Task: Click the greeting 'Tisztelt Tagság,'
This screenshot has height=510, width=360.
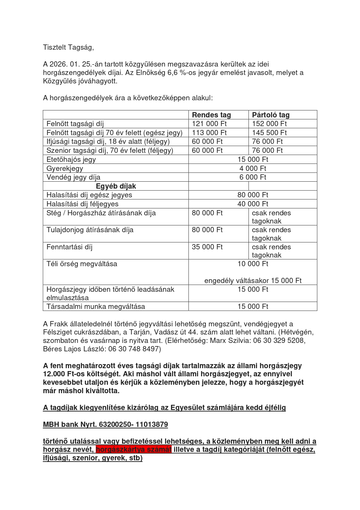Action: pos(68,47)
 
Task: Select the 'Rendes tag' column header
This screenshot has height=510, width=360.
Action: pos(211,115)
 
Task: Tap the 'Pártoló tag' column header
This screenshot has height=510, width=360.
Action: pos(271,115)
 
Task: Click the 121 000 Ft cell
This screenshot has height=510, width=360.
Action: pos(209,124)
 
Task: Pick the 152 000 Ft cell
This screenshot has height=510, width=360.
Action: pos(269,124)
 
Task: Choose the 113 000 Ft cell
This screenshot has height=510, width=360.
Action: pos(209,133)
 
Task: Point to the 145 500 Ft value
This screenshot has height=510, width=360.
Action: pos(269,133)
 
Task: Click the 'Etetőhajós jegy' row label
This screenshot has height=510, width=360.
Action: pos(71,160)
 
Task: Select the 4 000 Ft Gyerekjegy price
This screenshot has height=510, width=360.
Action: pos(253,169)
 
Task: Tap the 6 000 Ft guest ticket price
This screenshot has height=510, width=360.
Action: pos(253,177)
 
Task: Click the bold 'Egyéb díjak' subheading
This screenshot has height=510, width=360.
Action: pos(116,186)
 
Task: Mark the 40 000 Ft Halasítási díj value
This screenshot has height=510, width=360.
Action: pos(253,204)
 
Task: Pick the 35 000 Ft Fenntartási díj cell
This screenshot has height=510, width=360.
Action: pos(207,247)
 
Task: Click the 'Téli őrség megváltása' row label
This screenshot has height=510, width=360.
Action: pos(82,264)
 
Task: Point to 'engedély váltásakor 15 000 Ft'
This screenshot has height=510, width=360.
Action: pos(253,281)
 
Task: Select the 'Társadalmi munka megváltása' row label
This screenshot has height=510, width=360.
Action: pos(96,307)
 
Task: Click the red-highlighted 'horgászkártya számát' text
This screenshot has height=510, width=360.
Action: pos(134,450)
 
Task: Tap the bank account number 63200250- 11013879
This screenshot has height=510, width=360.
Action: pos(133,425)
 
